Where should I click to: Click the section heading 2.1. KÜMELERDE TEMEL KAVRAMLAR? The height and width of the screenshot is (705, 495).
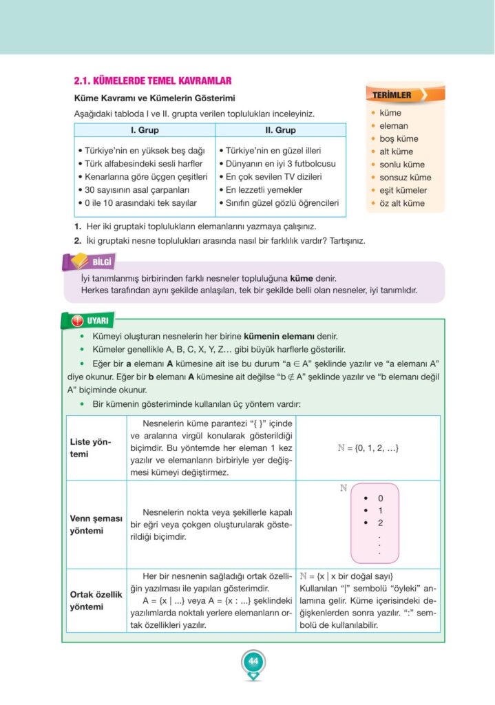coord(152,81)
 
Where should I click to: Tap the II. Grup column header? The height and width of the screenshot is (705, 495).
coord(280,130)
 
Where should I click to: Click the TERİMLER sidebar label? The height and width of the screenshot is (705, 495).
coord(393,95)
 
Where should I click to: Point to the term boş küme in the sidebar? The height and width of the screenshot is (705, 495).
coord(399,138)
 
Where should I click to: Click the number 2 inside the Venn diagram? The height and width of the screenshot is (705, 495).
coord(380,523)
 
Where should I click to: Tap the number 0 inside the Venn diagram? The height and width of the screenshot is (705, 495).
coord(380,498)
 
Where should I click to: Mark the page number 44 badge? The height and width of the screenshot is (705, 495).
coord(253,662)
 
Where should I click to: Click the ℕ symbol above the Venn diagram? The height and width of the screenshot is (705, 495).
coord(343,488)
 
